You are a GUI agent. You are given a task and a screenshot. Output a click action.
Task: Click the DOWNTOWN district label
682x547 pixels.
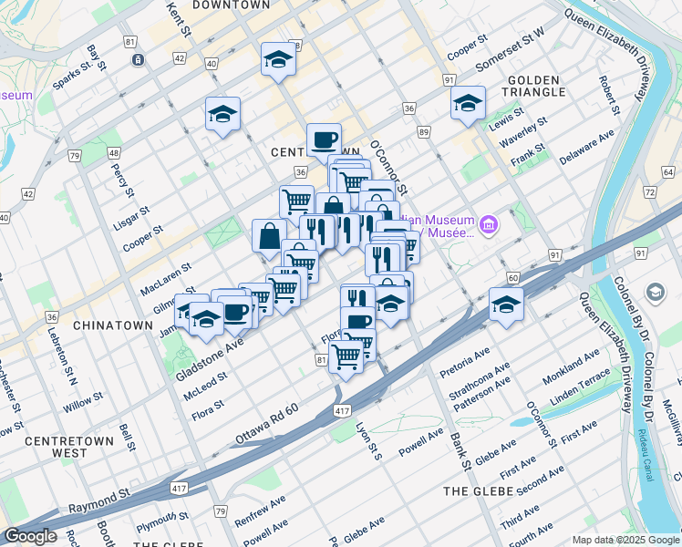tap(231, 5)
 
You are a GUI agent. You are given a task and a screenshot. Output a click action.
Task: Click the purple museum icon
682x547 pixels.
tap(488, 224)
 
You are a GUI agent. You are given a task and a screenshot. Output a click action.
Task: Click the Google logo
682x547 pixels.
tap(30, 536)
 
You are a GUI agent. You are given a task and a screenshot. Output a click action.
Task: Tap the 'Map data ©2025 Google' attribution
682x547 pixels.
tap(625, 540)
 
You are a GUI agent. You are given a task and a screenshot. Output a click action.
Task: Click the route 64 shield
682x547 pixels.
tap(669, 171)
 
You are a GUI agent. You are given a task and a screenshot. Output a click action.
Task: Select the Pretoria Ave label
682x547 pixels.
tap(465, 362)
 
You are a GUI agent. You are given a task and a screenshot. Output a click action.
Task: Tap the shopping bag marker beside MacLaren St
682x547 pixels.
tap(270, 236)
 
